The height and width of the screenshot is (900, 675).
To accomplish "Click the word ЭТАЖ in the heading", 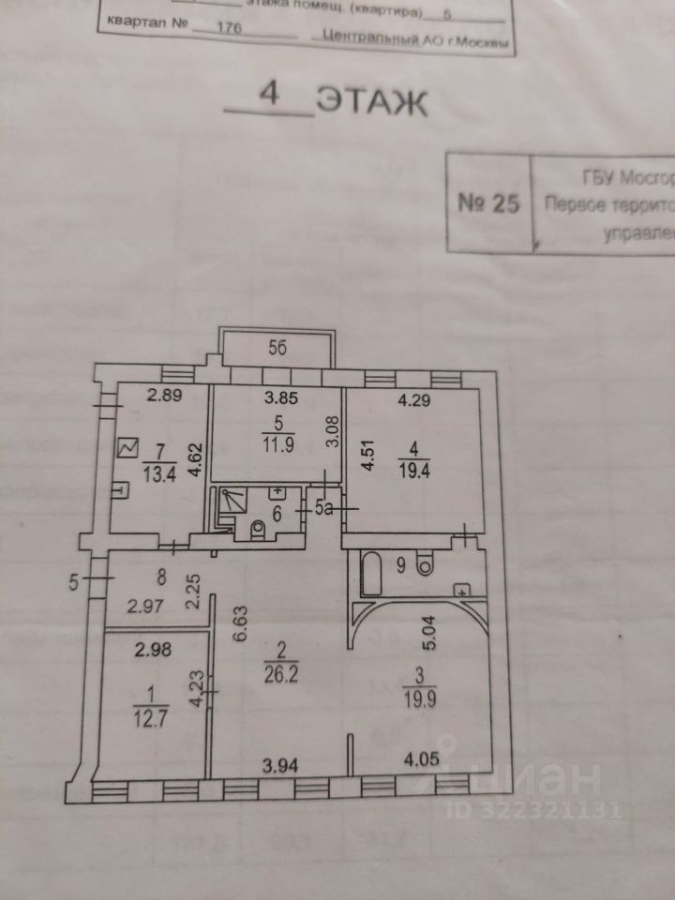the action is coord(372,101).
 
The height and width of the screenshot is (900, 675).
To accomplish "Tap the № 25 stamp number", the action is coord(487,205).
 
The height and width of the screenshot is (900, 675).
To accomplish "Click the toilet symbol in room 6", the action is coord(260,532).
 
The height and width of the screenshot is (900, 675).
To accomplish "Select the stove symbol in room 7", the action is coord(127,449).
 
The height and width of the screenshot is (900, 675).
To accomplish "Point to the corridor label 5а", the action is coord(322,510).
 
